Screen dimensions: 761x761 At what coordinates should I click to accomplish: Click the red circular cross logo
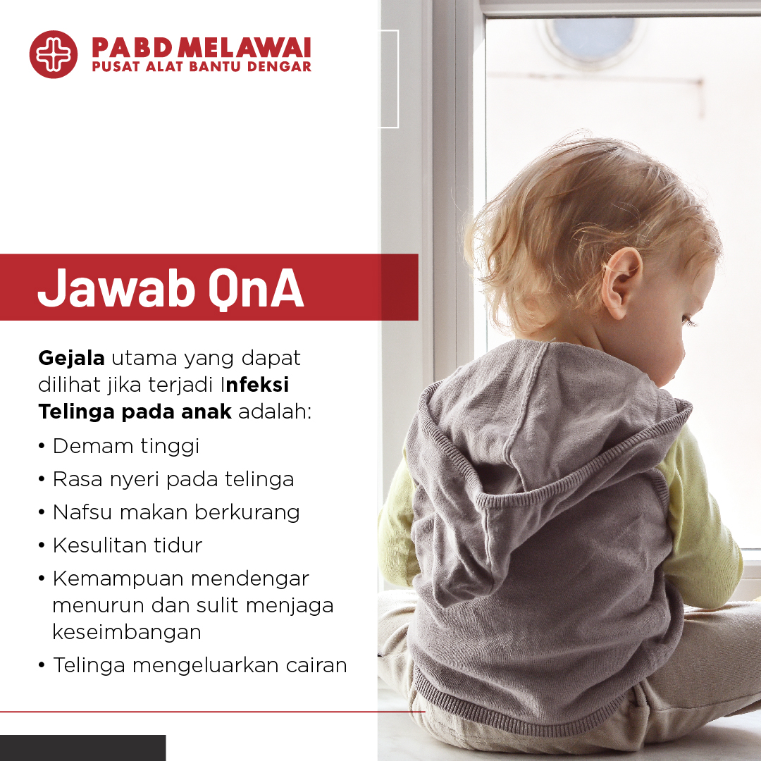(54, 54)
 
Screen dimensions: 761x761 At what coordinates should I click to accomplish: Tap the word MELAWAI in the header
(244, 48)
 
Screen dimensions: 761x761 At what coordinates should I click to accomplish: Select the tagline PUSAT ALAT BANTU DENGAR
(202, 66)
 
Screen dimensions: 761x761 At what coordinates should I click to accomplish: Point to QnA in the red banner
(256, 289)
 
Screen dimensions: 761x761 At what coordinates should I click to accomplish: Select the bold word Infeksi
(255, 385)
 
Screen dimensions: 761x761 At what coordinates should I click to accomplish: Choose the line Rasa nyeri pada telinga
(173, 480)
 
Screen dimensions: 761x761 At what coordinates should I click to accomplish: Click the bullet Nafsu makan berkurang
(176, 512)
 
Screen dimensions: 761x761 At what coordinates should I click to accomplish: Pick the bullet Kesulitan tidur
(127, 545)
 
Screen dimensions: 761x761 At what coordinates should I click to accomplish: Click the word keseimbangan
(127, 632)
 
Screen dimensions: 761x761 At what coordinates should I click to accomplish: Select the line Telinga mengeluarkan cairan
(200, 665)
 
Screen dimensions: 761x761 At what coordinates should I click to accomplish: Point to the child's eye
(688, 321)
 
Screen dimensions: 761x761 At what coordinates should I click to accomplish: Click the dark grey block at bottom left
(82, 748)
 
